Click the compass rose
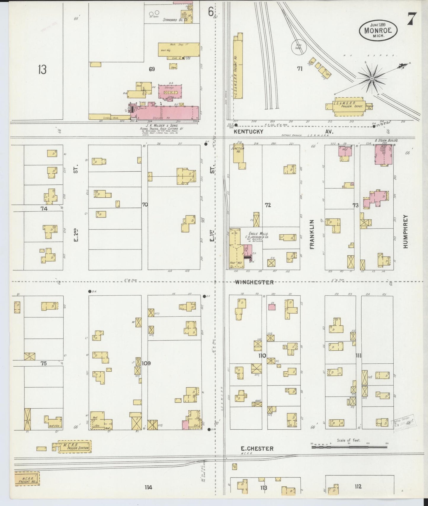click(371, 79)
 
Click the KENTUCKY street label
click(249, 131)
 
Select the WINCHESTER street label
click(254, 282)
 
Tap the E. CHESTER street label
click(257, 449)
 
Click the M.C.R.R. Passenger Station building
click(75, 447)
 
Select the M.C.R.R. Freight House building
click(27, 479)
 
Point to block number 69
click(152, 69)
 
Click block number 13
click(42, 70)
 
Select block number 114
click(148, 487)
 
